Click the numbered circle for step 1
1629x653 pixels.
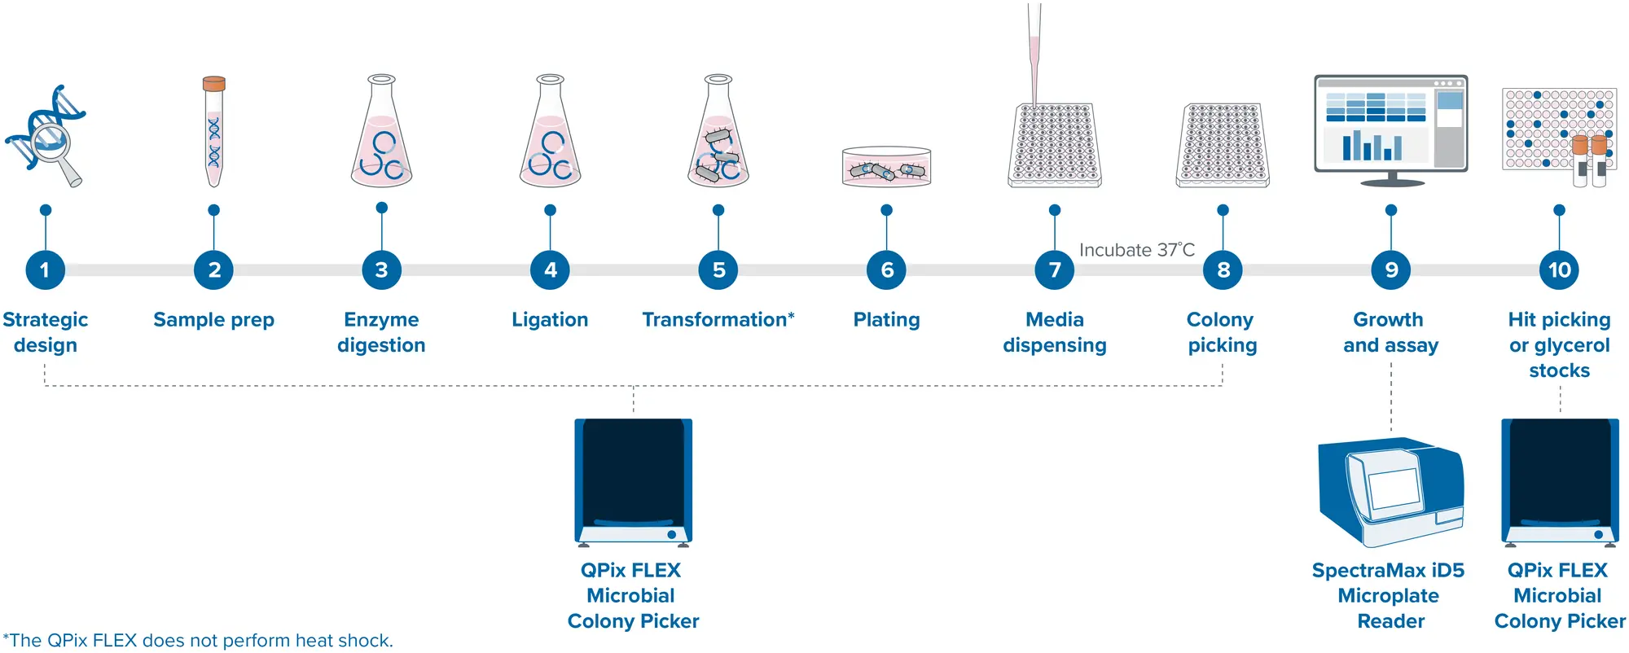click(45, 270)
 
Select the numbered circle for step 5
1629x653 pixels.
click(718, 270)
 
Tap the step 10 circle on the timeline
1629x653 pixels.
click(1559, 270)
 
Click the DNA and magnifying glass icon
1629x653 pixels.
click(46, 135)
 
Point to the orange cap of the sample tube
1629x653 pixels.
click(214, 83)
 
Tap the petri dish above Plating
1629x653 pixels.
click(886, 167)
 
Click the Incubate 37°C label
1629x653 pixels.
click(1136, 250)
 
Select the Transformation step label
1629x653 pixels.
click(718, 319)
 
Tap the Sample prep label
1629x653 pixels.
click(213, 319)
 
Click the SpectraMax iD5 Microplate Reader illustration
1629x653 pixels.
click(1390, 492)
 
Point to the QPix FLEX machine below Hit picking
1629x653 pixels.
click(1560, 480)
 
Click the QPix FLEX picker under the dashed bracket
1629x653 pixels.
click(633, 480)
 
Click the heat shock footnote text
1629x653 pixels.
click(198, 640)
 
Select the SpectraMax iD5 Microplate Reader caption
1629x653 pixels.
click(1389, 595)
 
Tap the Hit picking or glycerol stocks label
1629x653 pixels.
click(1559, 344)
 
